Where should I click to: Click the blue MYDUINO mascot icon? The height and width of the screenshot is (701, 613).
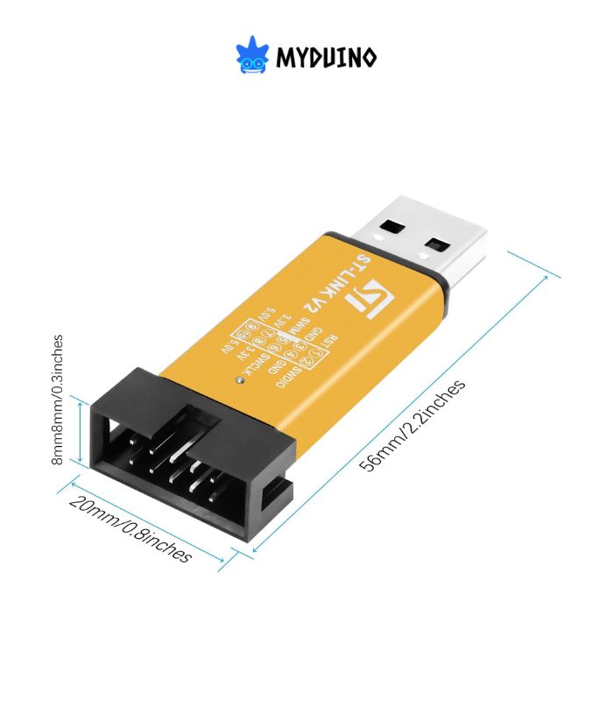pos(252,55)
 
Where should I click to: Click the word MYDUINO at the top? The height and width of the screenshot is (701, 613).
pos(327,59)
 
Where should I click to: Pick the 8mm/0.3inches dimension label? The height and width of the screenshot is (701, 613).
pos(59,399)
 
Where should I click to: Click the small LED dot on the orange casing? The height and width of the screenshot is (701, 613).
pos(240,380)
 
